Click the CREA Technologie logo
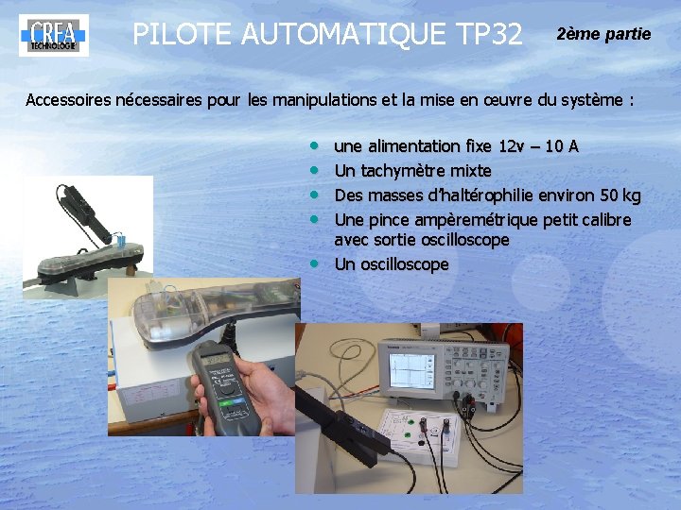54,35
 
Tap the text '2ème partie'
603,34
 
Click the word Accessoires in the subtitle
68,100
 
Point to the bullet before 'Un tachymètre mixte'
314,170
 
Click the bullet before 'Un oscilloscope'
314,263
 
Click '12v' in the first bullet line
511,146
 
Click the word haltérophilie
483,195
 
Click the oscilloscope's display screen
411,371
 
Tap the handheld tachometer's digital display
218,360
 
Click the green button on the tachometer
226,403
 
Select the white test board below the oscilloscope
417,435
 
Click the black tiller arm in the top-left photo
83,213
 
